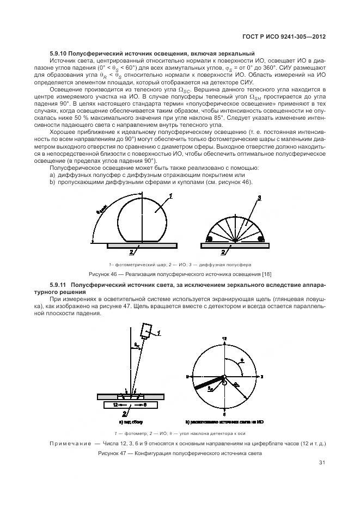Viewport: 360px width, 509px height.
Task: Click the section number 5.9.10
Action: (x=61, y=53)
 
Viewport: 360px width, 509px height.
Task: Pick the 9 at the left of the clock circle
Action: (x=187, y=376)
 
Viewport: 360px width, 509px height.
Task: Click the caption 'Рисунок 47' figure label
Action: (x=113, y=453)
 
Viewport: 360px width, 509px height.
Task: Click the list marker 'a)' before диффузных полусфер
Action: (x=52, y=175)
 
